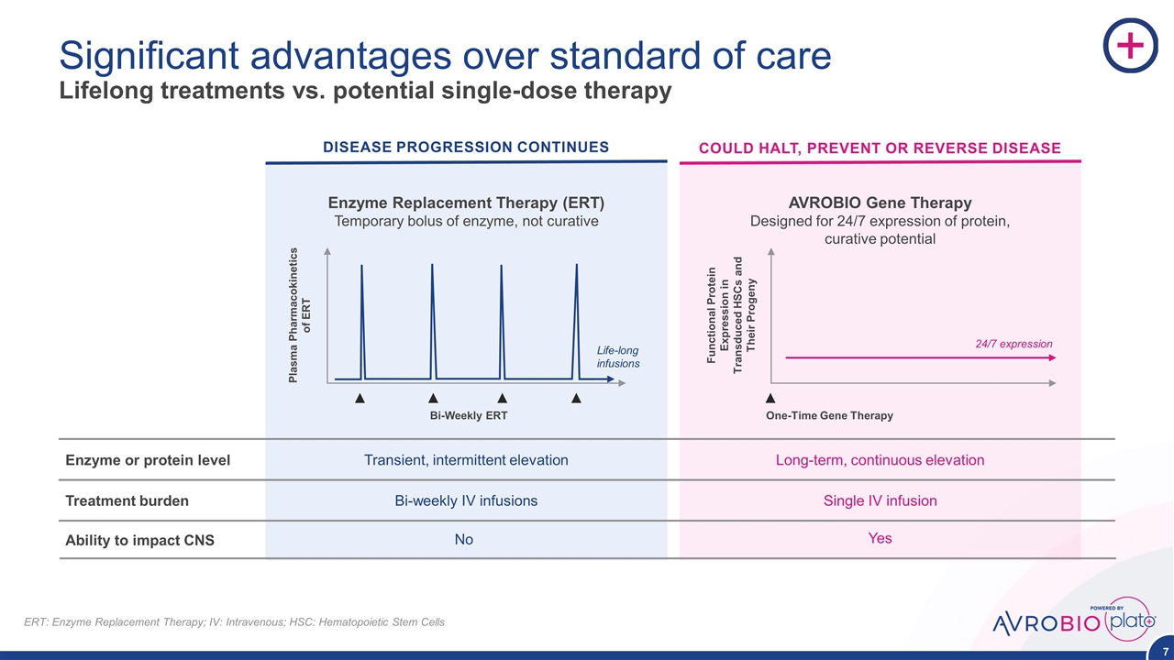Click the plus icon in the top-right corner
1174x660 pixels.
[x=1129, y=46]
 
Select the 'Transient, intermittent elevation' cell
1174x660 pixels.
[x=466, y=460]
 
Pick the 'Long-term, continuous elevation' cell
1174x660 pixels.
[x=880, y=460]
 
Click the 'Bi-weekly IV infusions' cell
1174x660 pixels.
[x=466, y=501]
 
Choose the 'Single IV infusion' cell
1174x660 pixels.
[x=880, y=501]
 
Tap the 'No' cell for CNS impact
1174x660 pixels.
[x=464, y=540]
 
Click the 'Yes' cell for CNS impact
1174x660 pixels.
[x=880, y=539]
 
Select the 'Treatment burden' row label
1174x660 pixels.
[x=127, y=501]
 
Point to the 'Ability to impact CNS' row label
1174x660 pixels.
[x=139, y=541]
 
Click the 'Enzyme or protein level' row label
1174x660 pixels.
[x=148, y=460]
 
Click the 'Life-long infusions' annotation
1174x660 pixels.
[x=617, y=357]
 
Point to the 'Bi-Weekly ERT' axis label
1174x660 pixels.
[x=470, y=416]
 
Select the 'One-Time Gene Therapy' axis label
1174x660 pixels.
[x=829, y=416]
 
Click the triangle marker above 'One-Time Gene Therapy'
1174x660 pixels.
[x=770, y=399]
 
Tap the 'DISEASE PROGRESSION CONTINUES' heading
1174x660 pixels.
[x=465, y=147]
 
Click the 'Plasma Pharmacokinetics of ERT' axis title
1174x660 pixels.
[x=300, y=313]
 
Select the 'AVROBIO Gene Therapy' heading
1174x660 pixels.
[x=880, y=203]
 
